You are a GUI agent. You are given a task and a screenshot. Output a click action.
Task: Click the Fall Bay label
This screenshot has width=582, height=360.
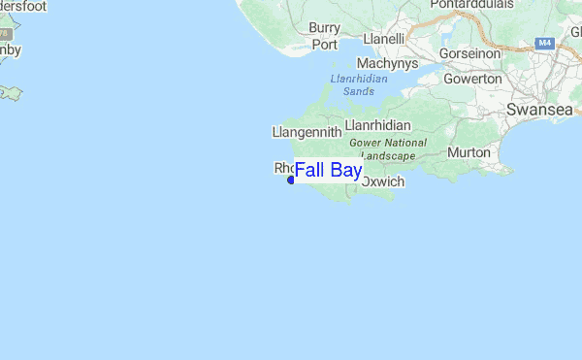[x=328, y=172]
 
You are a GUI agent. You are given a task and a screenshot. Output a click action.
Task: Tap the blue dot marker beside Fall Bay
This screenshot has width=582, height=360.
[x=291, y=180]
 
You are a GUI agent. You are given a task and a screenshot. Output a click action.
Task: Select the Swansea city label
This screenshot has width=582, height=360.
[x=538, y=111]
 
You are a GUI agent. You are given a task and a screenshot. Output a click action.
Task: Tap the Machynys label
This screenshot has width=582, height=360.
[x=386, y=62]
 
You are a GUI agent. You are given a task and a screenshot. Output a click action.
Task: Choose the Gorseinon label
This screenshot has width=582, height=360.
[x=469, y=52]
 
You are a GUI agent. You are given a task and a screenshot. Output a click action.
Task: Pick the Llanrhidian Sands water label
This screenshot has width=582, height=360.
[x=359, y=85]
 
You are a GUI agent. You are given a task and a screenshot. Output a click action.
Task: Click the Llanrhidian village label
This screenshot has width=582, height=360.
[x=378, y=125]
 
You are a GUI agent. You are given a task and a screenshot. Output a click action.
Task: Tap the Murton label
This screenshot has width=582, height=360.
[x=469, y=153]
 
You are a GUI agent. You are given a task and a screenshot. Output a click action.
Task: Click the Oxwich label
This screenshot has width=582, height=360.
[x=382, y=181]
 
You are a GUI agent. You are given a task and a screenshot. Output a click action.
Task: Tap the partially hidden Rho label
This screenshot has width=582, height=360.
[x=283, y=168]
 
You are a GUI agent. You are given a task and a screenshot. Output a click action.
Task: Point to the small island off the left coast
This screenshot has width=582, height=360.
[x=10, y=93]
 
